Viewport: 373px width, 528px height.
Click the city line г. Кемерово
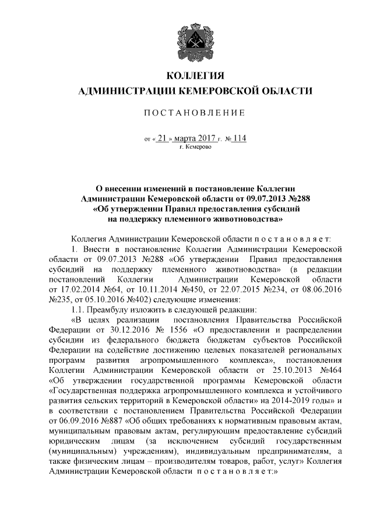tap(195, 147)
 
